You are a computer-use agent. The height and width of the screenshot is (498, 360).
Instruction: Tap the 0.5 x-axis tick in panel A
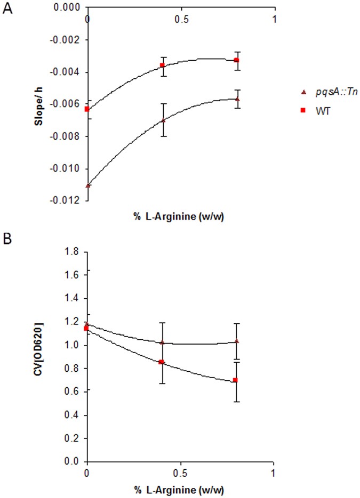tap(181, 18)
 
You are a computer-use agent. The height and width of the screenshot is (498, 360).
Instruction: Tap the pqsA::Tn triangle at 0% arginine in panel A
tap(87, 185)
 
